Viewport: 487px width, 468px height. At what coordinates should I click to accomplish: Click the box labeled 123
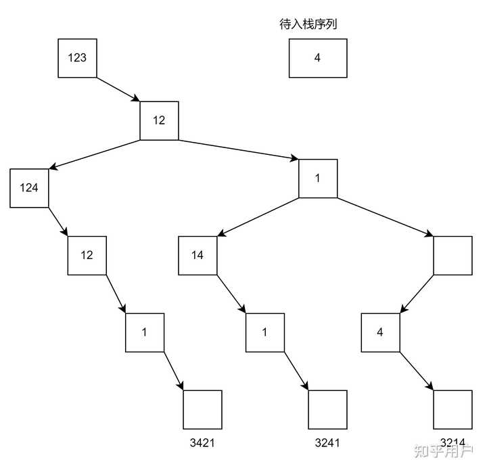[x=77, y=57]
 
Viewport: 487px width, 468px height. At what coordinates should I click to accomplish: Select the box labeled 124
[x=29, y=187]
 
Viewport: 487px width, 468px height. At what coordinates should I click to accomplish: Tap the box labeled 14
[x=197, y=255]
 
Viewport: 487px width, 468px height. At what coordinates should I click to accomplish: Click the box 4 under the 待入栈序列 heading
[x=317, y=57]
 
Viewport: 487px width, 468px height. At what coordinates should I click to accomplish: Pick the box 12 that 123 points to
[x=159, y=120]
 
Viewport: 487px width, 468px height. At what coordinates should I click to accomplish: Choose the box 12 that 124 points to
[x=87, y=255]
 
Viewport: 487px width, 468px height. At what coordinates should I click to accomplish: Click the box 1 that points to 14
[x=318, y=179]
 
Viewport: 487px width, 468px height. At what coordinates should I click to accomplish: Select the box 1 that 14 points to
[x=264, y=332]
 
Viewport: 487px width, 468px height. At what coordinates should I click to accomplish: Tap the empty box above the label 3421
[x=203, y=410]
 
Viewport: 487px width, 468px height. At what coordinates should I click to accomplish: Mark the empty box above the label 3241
[x=327, y=410]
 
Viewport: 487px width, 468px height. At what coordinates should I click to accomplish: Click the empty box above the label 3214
[x=452, y=410]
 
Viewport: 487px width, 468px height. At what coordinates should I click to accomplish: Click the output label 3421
[x=203, y=443]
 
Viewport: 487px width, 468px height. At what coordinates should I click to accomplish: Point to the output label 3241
[x=327, y=443]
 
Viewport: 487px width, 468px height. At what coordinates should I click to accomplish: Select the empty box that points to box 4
[x=452, y=255]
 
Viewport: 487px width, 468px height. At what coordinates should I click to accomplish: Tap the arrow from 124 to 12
[x=58, y=222]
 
